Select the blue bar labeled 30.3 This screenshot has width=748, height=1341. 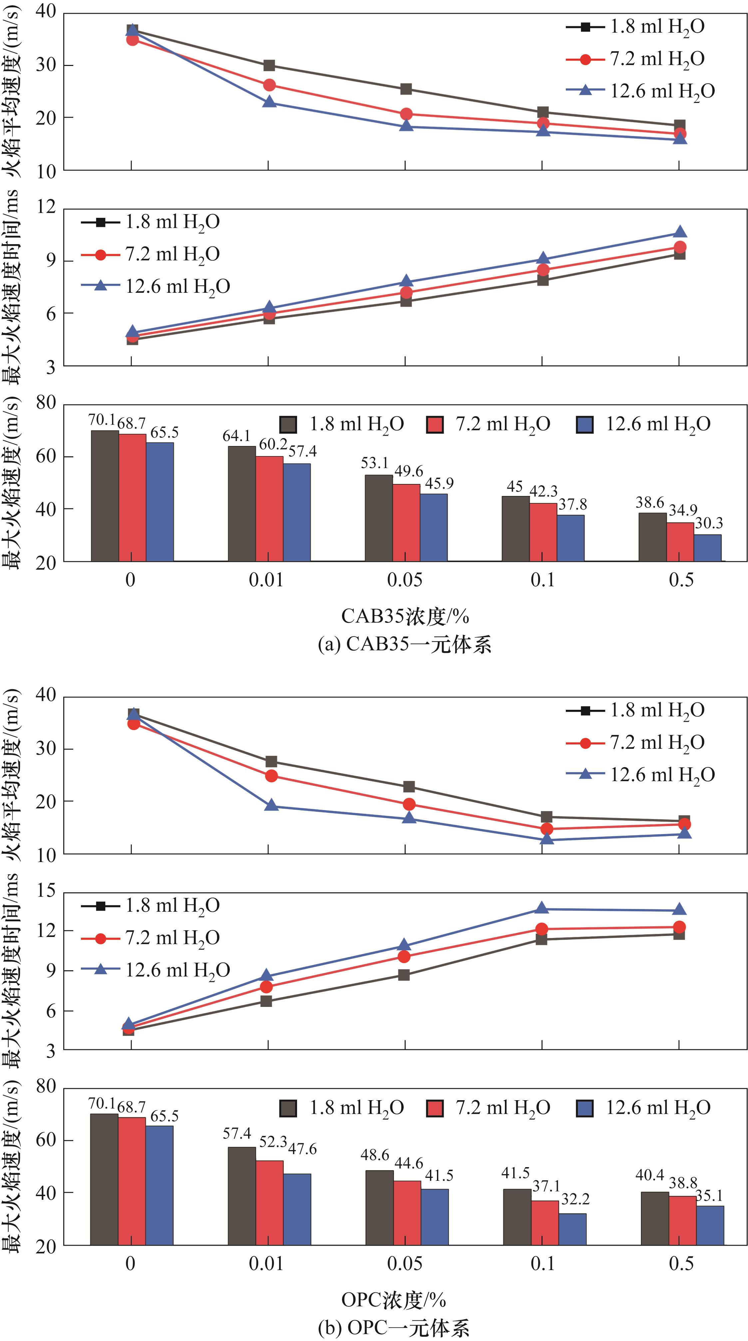click(707, 548)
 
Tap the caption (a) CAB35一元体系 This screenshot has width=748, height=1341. click(404, 645)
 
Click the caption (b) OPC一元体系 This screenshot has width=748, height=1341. click(394, 1328)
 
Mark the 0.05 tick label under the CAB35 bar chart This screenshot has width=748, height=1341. click(404, 579)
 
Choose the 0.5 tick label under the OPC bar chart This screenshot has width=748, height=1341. click(681, 1263)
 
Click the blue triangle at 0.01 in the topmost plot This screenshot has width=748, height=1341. click(269, 102)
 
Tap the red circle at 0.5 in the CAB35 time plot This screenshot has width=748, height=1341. click(680, 247)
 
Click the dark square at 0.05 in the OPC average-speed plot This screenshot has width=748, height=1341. click(409, 787)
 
